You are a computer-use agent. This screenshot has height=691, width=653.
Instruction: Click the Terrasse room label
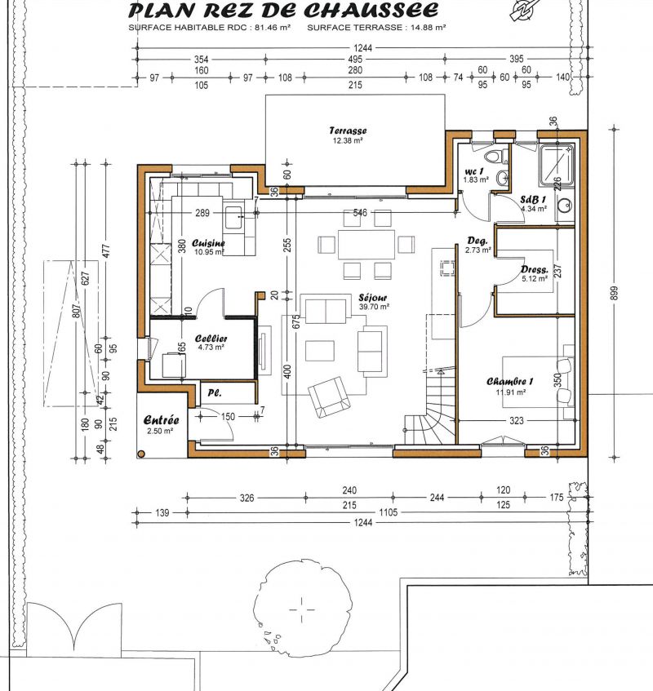click(x=348, y=131)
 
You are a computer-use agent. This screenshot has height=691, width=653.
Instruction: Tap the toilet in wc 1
click(x=494, y=156)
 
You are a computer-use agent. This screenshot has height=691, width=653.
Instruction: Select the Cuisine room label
click(x=208, y=243)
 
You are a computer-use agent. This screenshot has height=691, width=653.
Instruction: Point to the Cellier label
click(x=211, y=339)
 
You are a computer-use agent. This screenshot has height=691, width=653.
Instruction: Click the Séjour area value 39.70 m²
click(x=374, y=307)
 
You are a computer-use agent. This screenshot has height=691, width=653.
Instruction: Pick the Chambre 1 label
click(x=510, y=382)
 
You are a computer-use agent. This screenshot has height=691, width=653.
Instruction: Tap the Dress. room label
click(x=535, y=270)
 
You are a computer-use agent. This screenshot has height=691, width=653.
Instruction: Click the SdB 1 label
click(x=533, y=199)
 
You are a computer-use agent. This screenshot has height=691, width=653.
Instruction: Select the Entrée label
click(x=162, y=420)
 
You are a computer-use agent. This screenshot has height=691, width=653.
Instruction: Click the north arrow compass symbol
click(x=525, y=10)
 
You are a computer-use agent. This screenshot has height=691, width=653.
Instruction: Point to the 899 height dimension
click(x=614, y=294)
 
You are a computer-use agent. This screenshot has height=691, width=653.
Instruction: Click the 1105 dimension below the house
click(x=388, y=512)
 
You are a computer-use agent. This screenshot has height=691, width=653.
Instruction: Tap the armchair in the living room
click(x=329, y=396)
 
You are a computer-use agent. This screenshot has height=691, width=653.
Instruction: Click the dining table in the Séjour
click(x=366, y=245)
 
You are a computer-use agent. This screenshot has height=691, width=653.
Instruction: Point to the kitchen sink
click(x=233, y=218)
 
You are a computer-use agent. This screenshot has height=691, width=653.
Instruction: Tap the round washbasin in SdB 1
click(x=564, y=205)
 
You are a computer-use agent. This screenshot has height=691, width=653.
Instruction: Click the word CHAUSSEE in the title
click(x=371, y=10)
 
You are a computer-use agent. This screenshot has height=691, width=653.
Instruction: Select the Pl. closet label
click(x=215, y=392)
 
